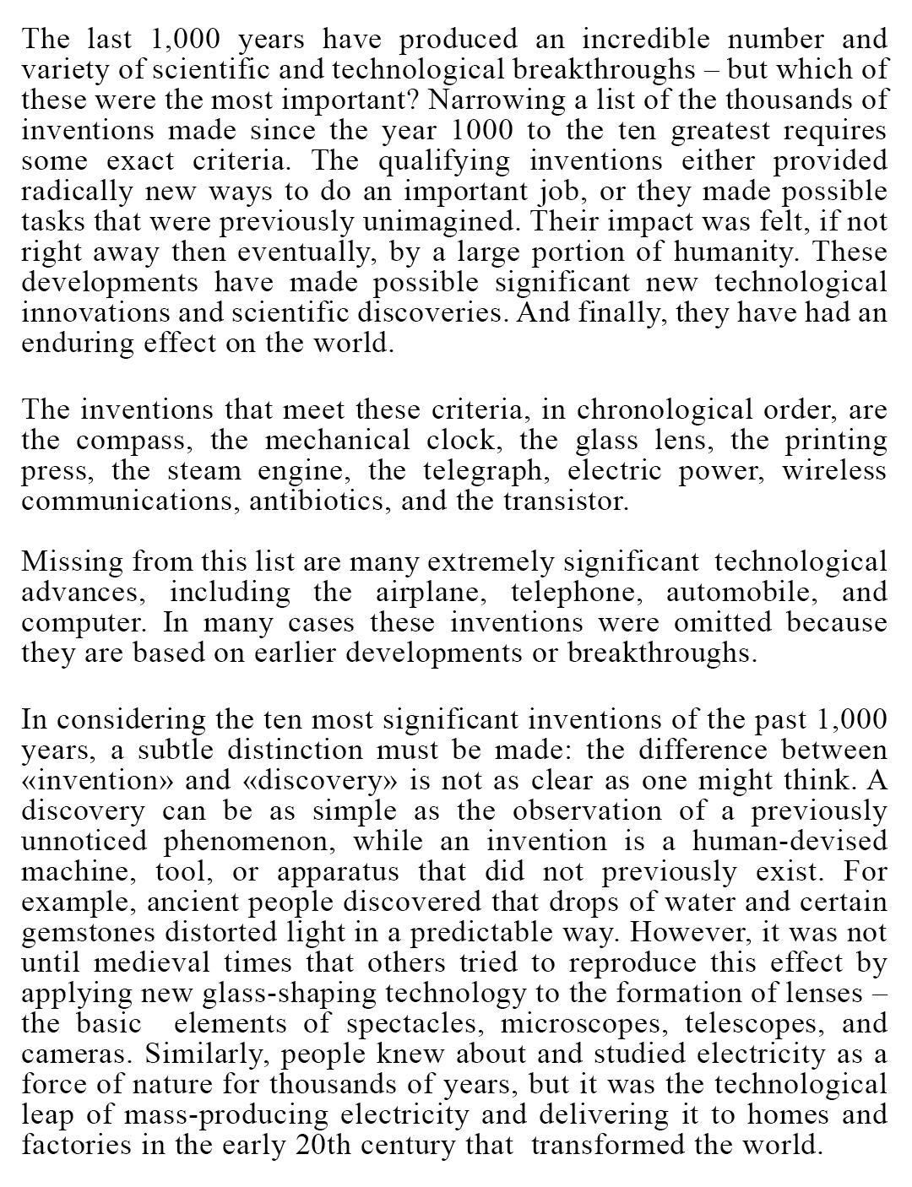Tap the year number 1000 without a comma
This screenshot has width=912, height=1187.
(480, 130)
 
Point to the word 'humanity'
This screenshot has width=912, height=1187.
(741, 252)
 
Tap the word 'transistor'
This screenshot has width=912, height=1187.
(566, 501)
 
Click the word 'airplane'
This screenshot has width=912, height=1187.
(431, 592)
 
